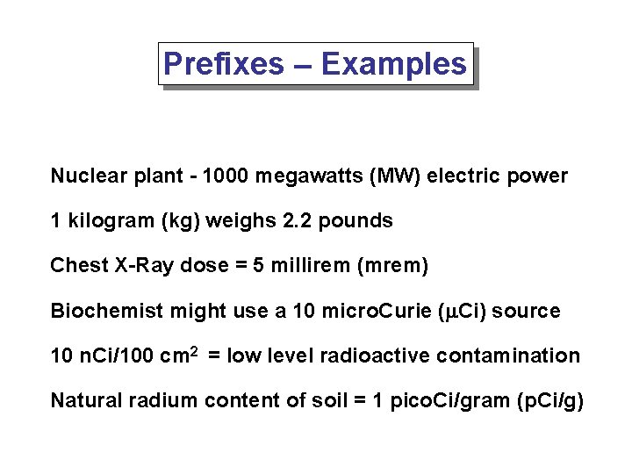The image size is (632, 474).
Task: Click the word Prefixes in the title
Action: pos(224,64)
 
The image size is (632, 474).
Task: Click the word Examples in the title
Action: pos(394,64)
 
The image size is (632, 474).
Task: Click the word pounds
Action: pos(355,221)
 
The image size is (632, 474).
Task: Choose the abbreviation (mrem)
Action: pos(392,266)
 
